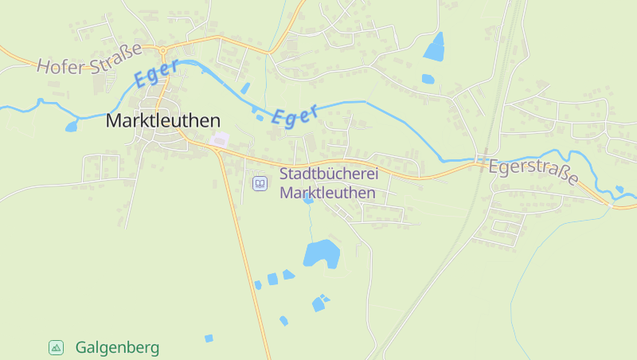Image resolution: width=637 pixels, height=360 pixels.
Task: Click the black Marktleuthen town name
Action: tap(162, 121)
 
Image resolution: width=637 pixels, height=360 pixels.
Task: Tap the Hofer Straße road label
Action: tap(88, 58)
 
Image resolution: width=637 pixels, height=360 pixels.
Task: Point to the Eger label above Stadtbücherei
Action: tap(294, 114)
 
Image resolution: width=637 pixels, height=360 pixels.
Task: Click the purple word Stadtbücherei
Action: tap(328, 174)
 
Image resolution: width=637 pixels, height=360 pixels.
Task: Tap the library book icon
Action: tap(260, 184)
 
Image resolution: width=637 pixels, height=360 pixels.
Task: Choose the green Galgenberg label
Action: tap(117, 348)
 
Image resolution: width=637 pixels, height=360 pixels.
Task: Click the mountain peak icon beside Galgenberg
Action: tap(56, 347)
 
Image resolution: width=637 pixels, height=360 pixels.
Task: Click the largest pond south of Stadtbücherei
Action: tap(321, 253)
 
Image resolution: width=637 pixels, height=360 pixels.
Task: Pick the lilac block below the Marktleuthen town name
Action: tap(218, 140)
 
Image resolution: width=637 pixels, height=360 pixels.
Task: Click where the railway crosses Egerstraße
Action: tap(483, 158)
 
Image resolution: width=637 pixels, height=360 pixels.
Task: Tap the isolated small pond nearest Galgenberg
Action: tap(209, 338)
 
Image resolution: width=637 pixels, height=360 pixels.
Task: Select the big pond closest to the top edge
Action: tap(435, 47)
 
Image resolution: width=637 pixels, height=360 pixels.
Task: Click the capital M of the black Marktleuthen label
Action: tap(114, 121)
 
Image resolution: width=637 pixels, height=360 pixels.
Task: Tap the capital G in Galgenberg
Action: tap(81, 348)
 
